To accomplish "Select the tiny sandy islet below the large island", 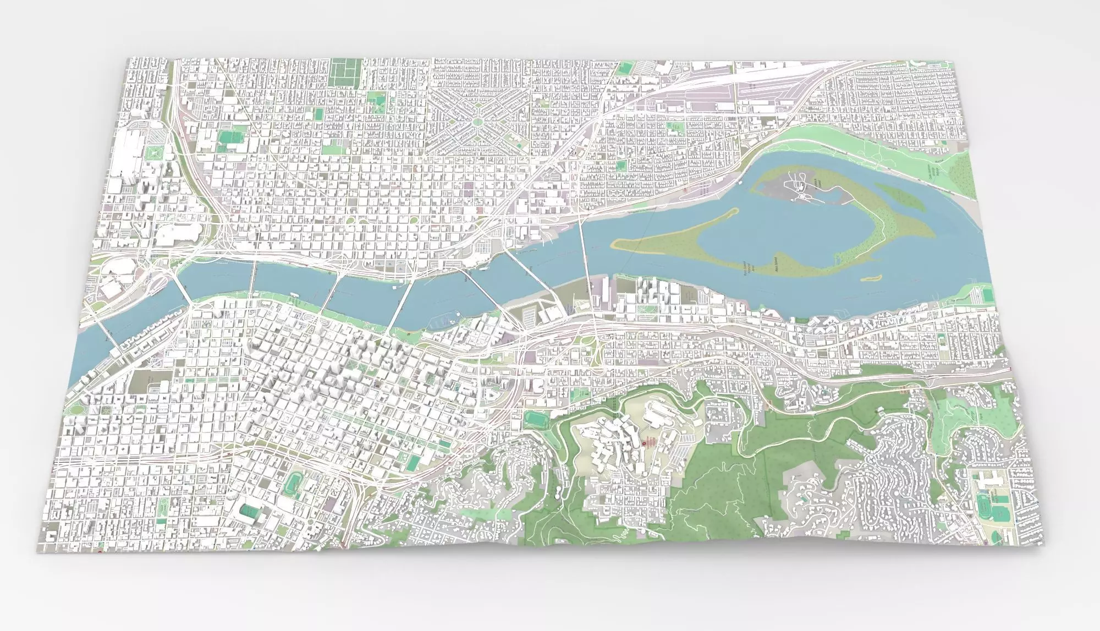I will (871, 278).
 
